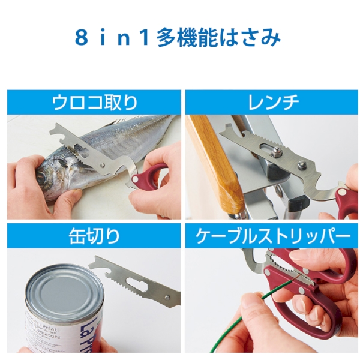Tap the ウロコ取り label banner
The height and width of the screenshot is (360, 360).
coord(93,102)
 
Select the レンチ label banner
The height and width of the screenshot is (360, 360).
coord(273,102)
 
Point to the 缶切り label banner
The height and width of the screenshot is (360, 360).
coord(93,236)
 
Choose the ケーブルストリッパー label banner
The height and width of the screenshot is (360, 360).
coord(273,236)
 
